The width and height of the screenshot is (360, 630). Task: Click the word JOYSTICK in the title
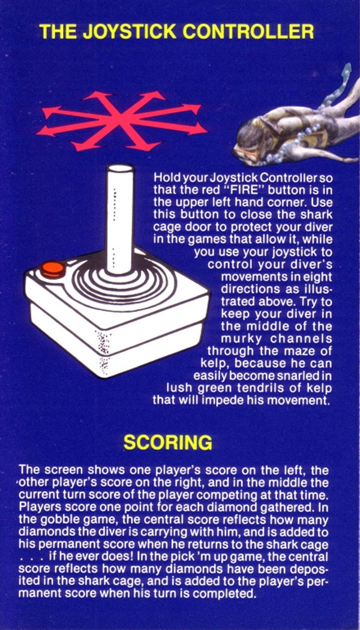click(x=130, y=32)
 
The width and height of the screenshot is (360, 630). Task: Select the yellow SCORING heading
click(x=167, y=442)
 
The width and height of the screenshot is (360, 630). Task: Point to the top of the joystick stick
click(x=120, y=167)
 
